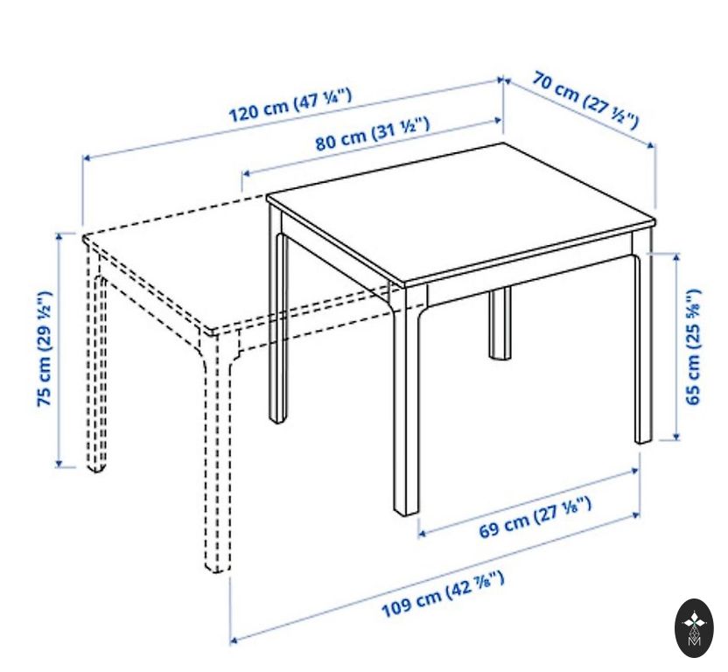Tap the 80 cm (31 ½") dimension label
pos(373,134)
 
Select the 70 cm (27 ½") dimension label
pos(586,100)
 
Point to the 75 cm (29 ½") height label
pos(45,349)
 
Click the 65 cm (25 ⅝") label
pos(693,346)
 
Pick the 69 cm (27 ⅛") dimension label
pos(535,517)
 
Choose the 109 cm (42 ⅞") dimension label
pos(443,595)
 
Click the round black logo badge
pos(694,628)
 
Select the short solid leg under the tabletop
pos(500,323)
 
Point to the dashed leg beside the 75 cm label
pos(95,358)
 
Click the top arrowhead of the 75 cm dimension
pos(59,236)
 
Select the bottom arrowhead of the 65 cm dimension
pos(676,436)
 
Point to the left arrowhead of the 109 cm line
pos(234,640)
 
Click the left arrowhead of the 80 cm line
pos(246,174)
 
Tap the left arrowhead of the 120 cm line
pos(87,158)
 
